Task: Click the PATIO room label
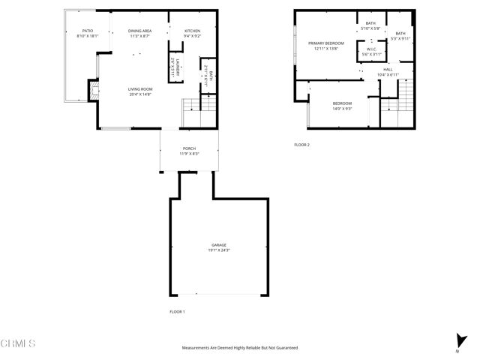pyautogui.click(x=87, y=31)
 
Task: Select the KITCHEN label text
pyautogui.click(x=193, y=31)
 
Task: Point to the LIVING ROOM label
pyautogui.click(x=140, y=88)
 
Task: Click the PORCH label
pyautogui.click(x=189, y=148)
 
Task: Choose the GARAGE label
pyautogui.click(x=219, y=245)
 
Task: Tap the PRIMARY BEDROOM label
pyautogui.click(x=326, y=43)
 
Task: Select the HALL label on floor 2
pyautogui.click(x=388, y=69)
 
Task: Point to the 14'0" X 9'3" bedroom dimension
pyautogui.click(x=342, y=109)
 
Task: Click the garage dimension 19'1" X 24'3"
pyautogui.click(x=219, y=250)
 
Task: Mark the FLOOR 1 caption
pyautogui.click(x=177, y=310)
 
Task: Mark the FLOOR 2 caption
pyautogui.click(x=302, y=144)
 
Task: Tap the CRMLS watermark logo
pyautogui.click(x=18, y=344)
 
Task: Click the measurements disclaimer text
pyautogui.click(x=240, y=348)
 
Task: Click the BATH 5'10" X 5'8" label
pyautogui.click(x=371, y=25)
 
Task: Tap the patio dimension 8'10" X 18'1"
pyautogui.click(x=87, y=35)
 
